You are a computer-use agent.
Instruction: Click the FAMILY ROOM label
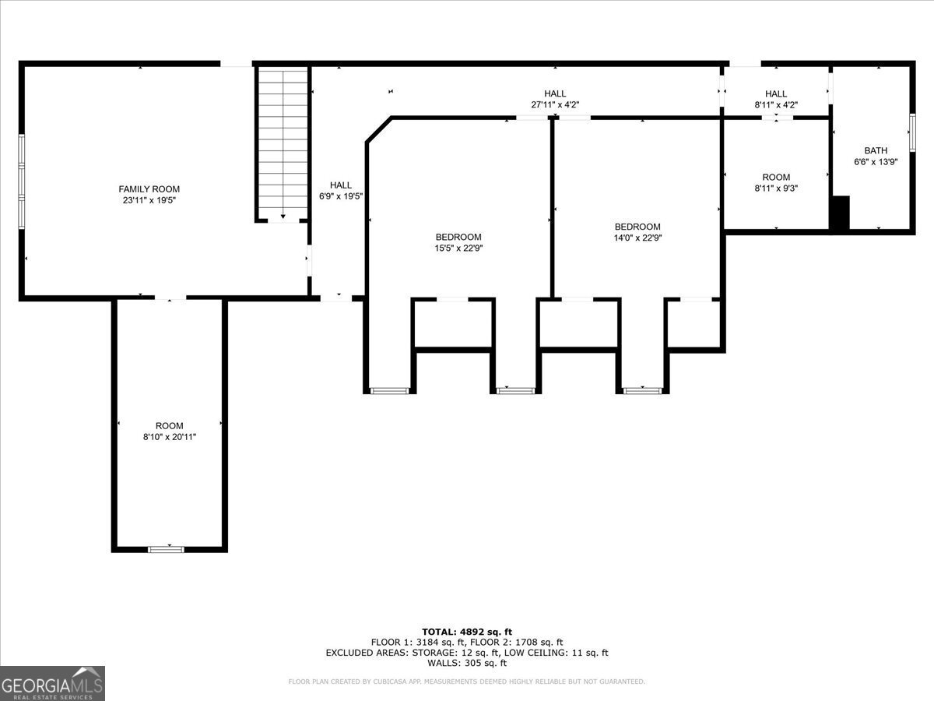pyautogui.click(x=149, y=189)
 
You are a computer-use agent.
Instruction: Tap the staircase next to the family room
pyautogui.click(x=283, y=140)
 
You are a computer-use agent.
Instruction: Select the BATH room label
pyautogui.click(x=875, y=150)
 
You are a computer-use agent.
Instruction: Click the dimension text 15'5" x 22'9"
pyautogui.click(x=458, y=248)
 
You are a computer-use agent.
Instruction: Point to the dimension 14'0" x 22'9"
pyautogui.click(x=637, y=238)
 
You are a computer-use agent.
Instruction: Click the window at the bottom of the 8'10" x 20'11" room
pyautogui.click(x=166, y=549)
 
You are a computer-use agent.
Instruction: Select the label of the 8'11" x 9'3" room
pyautogui.click(x=775, y=178)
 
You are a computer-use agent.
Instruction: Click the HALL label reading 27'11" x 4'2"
pyautogui.click(x=555, y=93)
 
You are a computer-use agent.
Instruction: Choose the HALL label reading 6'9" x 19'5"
pyautogui.click(x=340, y=185)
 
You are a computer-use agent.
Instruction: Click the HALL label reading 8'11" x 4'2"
pyautogui.click(x=775, y=93)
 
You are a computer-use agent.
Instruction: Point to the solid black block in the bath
pyautogui.click(x=839, y=213)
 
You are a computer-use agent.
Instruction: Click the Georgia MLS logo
pyautogui.click(x=52, y=683)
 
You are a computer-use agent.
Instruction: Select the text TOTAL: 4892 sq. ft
pyautogui.click(x=467, y=632)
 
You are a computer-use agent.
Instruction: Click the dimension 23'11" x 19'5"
pyautogui.click(x=149, y=200)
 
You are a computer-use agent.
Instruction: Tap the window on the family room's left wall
pyautogui.click(x=22, y=181)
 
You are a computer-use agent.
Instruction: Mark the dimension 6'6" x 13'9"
pyautogui.click(x=875, y=161)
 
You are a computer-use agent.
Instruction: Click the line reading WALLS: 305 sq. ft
pyautogui.click(x=467, y=664)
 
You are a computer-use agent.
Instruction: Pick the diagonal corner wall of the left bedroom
pyautogui.click(x=378, y=129)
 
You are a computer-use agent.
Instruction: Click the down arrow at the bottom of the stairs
pyautogui.click(x=283, y=217)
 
